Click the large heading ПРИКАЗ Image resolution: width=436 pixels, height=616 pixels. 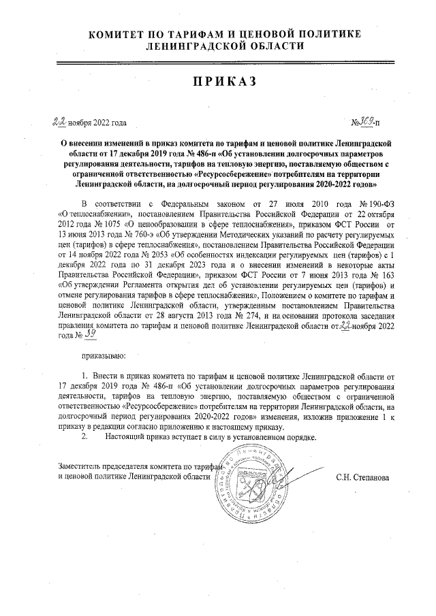point(224,82)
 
